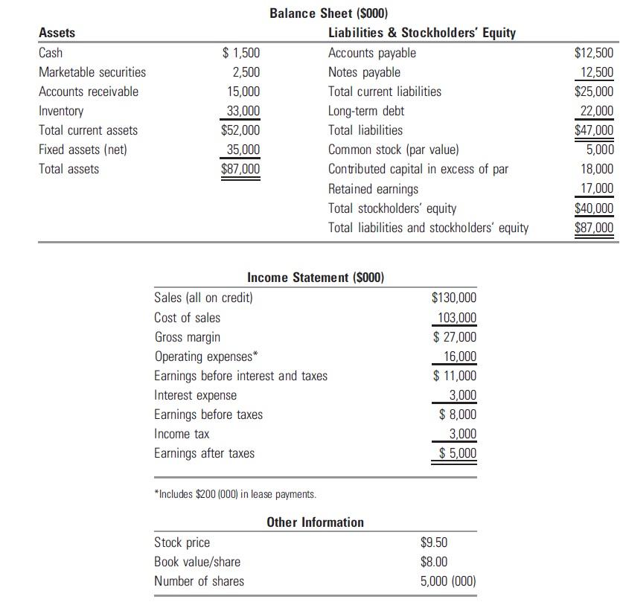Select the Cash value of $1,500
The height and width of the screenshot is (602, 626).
coord(242,53)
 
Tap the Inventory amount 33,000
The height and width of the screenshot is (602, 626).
coord(243,111)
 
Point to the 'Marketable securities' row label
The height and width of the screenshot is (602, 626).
coord(92,72)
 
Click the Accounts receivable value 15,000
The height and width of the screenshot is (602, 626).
coord(243,92)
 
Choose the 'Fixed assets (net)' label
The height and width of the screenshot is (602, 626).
coord(83,150)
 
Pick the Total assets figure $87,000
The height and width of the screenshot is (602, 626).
coord(240,169)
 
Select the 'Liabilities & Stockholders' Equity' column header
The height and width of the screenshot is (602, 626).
coord(421,33)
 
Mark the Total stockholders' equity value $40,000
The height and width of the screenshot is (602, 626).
coord(594,208)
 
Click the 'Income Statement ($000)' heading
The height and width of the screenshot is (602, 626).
coord(316,278)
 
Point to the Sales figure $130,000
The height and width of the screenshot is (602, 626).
coord(454,298)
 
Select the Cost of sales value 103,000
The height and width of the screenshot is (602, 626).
coord(456,318)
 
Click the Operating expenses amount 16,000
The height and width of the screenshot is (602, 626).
coord(459,356)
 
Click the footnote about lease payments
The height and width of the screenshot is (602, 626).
coord(235,494)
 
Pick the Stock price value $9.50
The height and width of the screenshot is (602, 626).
coord(435,542)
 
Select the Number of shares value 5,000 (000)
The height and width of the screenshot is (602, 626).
coord(448,581)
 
